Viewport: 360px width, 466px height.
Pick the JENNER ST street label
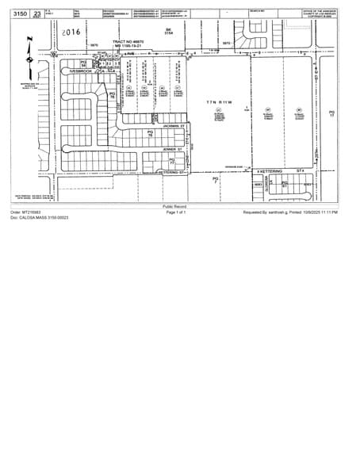click(x=174, y=148)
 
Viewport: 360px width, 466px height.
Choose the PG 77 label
click(x=171, y=162)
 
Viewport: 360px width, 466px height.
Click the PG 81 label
click(x=285, y=184)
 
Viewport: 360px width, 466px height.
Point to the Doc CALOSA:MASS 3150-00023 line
click(x=40, y=217)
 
